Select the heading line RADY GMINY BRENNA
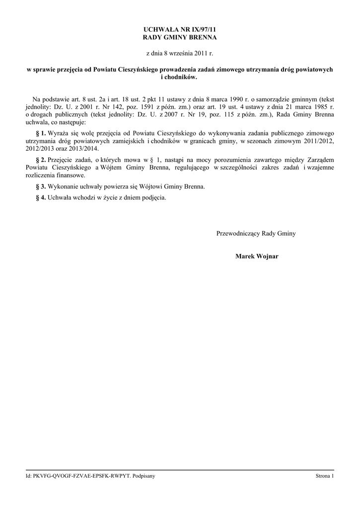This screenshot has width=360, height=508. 180,38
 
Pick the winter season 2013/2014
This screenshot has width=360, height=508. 84,148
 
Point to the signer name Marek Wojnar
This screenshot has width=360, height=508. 257,256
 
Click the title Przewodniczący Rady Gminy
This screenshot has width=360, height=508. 256,233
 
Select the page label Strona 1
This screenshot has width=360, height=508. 325,476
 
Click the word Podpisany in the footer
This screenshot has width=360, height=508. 144,476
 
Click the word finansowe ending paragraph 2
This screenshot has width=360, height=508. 71,175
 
